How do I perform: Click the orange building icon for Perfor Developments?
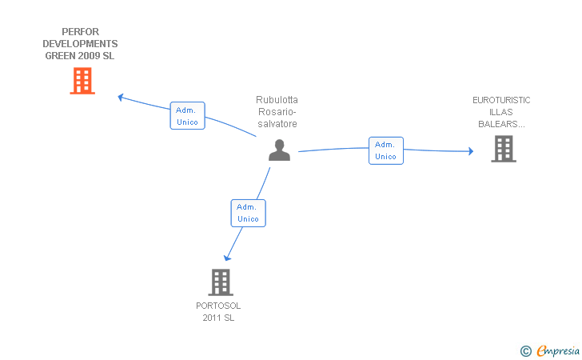tap(82, 81)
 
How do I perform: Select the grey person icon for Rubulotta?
tap(279, 150)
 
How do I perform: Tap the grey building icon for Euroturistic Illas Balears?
tap(504, 149)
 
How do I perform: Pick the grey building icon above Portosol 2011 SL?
tap(221, 282)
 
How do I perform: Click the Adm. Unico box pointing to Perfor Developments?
tap(187, 115)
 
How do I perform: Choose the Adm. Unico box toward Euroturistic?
tap(385, 150)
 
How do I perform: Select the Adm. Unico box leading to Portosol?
tap(248, 213)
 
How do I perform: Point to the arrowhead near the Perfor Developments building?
tap(121, 97)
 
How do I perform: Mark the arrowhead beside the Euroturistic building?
tap(470, 150)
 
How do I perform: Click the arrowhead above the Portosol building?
tap(228, 257)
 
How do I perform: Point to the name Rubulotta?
tap(277, 100)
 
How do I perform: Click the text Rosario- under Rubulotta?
tap(277, 112)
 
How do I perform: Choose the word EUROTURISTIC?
tap(501, 100)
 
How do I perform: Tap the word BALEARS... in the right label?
tap(501, 124)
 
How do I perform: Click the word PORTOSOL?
tap(218, 306)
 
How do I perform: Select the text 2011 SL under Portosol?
tap(218, 318)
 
